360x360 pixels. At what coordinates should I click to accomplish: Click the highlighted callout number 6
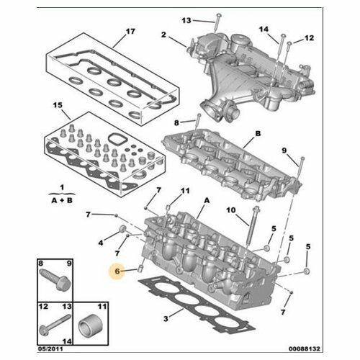point(117,271)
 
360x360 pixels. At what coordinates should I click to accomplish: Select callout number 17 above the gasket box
point(130,32)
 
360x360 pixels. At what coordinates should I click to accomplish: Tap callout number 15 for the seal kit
point(58,105)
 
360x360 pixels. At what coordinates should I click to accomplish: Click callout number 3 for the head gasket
point(166,319)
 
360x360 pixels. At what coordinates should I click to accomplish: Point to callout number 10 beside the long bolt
point(231,210)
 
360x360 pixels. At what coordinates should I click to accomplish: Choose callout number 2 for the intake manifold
point(163,35)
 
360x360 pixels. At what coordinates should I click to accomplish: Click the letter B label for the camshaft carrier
point(258,133)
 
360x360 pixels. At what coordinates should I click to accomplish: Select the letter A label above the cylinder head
point(207,200)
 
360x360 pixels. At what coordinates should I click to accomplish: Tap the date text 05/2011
point(50,348)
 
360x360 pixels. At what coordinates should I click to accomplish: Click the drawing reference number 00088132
point(305,348)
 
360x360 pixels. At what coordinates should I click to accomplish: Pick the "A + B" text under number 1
point(62,200)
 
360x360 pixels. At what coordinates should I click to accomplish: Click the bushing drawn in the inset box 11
point(91,325)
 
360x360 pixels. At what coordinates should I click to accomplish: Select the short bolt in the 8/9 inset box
point(55,279)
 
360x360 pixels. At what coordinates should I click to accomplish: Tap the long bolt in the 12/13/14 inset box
point(55,325)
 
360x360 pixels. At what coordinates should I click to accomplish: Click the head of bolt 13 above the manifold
point(219,16)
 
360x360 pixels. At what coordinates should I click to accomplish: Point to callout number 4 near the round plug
point(101,243)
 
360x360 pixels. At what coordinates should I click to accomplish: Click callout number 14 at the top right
point(264,30)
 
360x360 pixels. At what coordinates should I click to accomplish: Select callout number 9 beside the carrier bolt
point(284,150)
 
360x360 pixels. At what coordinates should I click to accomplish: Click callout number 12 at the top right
point(309,38)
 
